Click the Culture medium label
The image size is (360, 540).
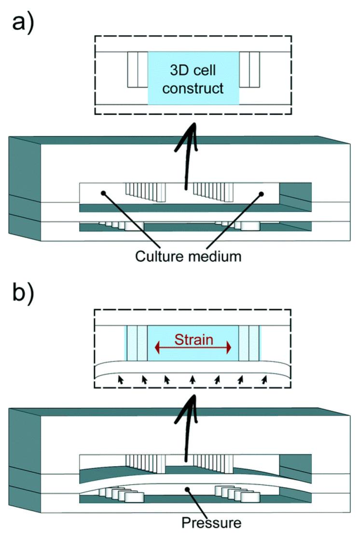pyautogui.click(x=188, y=256)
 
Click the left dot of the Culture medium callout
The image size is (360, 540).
pyautogui.click(x=103, y=193)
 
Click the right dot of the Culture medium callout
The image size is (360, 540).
pyautogui.click(x=262, y=194)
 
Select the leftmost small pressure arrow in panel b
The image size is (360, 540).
pyautogui.click(x=120, y=380)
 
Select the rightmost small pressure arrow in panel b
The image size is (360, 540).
pyautogui.click(x=264, y=380)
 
